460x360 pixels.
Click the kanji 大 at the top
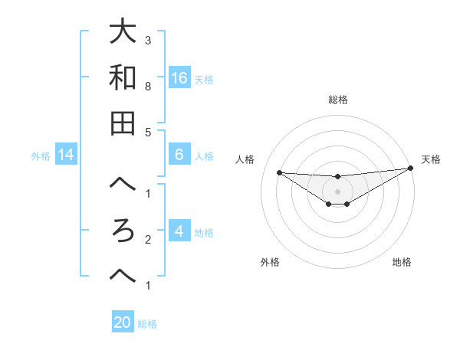pos(123,32)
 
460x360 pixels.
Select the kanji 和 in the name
pos(123,77)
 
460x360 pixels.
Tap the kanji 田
pos(123,123)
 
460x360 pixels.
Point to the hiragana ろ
pos(123,231)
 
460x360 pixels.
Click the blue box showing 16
pos(179,77)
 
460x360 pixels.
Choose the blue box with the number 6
pos(179,155)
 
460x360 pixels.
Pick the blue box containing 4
pos(179,231)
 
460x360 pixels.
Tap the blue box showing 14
pos(66,155)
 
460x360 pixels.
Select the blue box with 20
pos(123,322)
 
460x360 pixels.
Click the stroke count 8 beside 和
pos(148,87)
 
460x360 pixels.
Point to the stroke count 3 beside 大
pos(148,40)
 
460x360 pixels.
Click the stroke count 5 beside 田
pos(148,132)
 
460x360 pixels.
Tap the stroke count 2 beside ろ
pos(148,240)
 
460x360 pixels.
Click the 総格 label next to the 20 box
pos(147,323)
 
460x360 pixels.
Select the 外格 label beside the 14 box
pos(41,156)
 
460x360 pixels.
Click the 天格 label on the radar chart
pos(431,159)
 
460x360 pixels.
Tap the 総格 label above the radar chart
pos(337,100)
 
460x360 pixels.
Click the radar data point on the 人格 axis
pos(279,172)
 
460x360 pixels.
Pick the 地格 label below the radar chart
pos(402,262)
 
